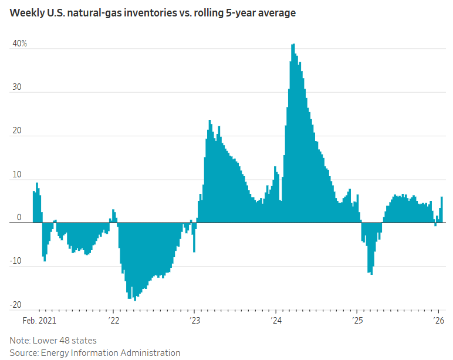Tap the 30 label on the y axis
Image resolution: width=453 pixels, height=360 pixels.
(16, 87)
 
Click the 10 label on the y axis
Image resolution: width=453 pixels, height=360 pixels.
(16, 174)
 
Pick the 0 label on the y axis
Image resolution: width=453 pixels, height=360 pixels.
(19, 217)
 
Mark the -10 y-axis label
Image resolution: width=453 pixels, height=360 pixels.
(15, 261)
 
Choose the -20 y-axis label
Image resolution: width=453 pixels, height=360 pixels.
(15, 304)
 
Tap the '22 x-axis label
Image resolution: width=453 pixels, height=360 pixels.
(113, 321)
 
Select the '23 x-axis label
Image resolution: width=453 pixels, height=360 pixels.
(195, 321)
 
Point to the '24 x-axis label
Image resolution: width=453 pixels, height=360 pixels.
(276, 321)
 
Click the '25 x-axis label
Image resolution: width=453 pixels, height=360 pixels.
(358, 321)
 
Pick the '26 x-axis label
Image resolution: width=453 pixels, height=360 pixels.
(438, 321)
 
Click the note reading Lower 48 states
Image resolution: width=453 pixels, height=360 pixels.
(53, 340)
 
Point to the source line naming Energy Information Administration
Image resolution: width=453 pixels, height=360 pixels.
(94, 352)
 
